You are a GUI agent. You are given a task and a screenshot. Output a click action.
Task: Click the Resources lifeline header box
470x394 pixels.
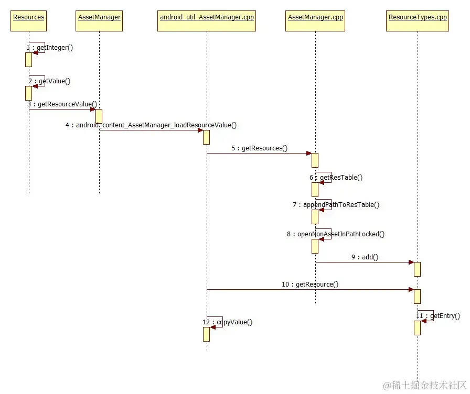[28, 18]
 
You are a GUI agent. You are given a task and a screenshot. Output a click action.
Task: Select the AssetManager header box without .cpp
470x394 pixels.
[99, 18]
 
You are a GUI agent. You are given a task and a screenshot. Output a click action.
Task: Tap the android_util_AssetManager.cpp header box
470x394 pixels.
[207, 18]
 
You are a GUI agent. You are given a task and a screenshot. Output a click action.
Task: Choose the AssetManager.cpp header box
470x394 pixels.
[315, 18]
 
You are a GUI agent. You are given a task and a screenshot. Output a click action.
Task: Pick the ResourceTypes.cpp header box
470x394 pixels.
[418, 18]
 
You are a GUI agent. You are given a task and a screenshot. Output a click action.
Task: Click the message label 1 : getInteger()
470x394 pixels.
[50, 48]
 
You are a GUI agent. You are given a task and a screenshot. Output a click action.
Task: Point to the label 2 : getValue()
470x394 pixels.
[49, 81]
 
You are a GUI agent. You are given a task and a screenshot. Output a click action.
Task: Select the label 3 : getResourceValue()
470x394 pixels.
[62, 104]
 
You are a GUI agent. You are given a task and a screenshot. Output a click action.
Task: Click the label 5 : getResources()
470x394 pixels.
[259, 148]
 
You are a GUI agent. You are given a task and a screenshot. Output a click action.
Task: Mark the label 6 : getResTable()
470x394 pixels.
[336, 178]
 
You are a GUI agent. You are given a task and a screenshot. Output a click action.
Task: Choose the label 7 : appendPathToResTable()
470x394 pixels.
[336, 205]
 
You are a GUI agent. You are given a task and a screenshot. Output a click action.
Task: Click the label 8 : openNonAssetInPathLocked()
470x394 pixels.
[336, 234]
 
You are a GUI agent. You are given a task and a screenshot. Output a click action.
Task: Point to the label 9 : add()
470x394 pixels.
[365, 257]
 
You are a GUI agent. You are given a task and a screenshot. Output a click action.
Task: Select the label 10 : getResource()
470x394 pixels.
[310, 284]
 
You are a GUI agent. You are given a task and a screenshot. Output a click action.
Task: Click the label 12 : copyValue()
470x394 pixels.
[227, 322]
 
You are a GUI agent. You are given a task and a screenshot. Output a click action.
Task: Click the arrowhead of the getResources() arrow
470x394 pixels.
[309, 154]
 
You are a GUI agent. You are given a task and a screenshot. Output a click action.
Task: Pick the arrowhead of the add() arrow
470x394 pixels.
[411, 262]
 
